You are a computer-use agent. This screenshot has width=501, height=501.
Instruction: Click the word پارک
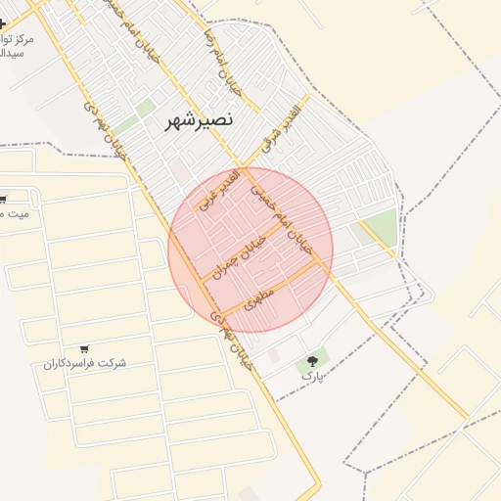click(x=310, y=376)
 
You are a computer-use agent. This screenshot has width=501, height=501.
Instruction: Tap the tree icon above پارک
click(x=313, y=360)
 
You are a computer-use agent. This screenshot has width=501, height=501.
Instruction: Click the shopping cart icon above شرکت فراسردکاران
click(x=84, y=348)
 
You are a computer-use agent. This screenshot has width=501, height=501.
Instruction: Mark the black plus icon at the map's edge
click(x=3, y=23)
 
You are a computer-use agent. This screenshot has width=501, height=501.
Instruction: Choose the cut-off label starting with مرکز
click(x=18, y=39)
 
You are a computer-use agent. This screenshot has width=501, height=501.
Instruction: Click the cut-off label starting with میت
click(x=16, y=212)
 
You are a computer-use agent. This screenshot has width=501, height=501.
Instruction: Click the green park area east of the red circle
click(x=381, y=228)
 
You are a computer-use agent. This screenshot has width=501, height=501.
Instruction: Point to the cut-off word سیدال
click(x=14, y=54)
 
